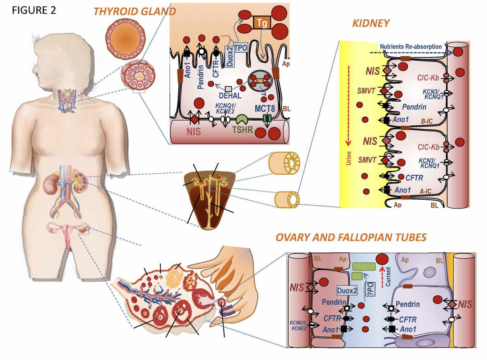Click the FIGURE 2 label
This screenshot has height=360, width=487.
click(x=34, y=10)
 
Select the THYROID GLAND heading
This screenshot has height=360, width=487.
click(x=134, y=11)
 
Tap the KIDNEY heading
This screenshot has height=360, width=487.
click(x=371, y=23)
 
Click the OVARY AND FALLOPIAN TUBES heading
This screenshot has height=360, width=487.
click(x=351, y=237)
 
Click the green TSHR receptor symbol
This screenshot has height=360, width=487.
click(x=242, y=120)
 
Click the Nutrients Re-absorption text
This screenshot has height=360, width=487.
click(x=411, y=47)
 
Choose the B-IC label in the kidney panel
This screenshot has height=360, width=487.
click(x=427, y=121)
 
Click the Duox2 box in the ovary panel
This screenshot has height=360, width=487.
click(x=347, y=291)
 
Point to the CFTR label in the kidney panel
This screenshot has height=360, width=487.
click(x=414, y=177)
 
